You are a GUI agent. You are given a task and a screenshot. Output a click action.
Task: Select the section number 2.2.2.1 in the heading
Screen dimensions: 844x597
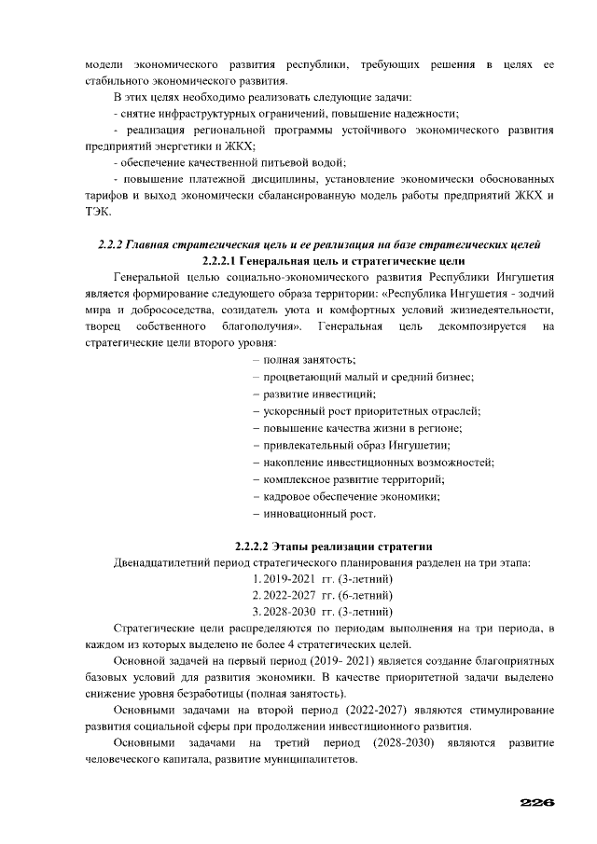tap(223, 260)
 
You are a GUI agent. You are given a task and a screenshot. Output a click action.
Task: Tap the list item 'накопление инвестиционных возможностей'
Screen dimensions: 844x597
tap(372, 462)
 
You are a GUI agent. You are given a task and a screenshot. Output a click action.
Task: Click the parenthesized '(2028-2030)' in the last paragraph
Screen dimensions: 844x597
tap(404, 743)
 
